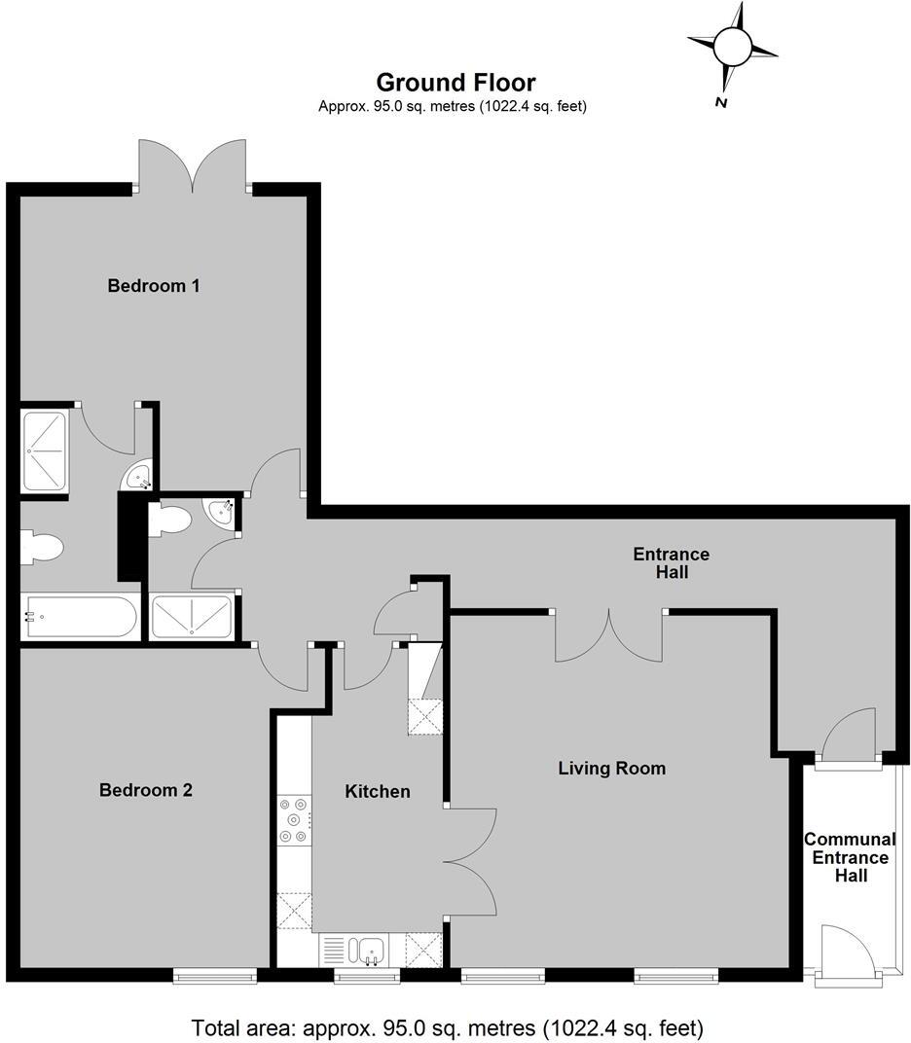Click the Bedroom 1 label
click(154, 286)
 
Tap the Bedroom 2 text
click(146, 790)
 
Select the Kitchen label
click(378, 791)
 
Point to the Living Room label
click(611, 769)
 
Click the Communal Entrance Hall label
click(850, 857)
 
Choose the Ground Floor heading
click(455, 83)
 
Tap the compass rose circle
click(733, 45)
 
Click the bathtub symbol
click(81, 616)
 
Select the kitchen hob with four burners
click(293, 820)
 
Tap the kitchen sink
click(370, 950)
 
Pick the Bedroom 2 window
click(215, 974)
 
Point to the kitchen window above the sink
click(362, 974)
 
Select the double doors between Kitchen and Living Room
click(470, 861)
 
